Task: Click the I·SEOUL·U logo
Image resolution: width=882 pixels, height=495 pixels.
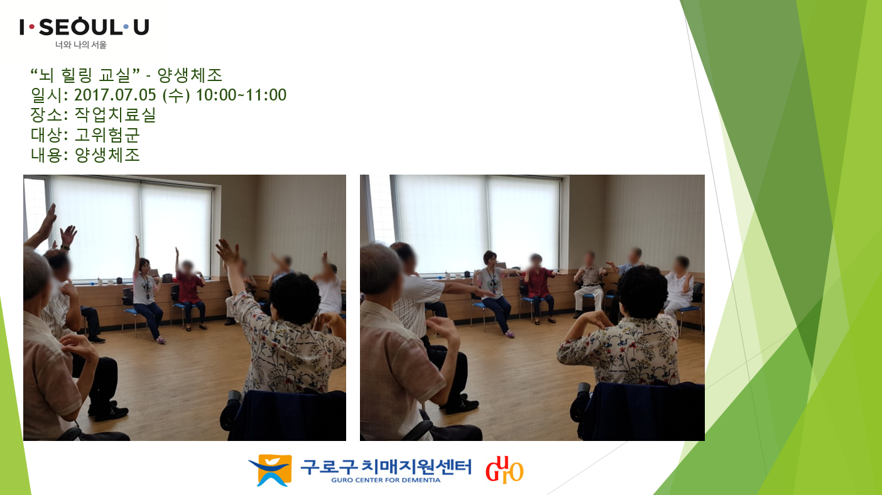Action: pyautogui.click(x=84, y=27)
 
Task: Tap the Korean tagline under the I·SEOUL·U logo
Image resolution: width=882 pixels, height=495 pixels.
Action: pyautogui.click(x=80, y=45)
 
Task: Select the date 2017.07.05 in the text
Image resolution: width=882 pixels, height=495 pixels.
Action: pyautogui.click(x=115, y=95)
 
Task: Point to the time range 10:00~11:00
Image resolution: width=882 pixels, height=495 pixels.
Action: pyautogui.click(x=241, y=95)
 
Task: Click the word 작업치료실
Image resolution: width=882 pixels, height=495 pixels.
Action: pyautogui.click(x=115, y=114)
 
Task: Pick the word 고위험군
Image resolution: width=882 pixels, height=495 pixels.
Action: pyautogui.click(x=107, y=134)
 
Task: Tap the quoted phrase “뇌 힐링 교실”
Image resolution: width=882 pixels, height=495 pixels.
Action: pyautogui.click(x=85, y=75)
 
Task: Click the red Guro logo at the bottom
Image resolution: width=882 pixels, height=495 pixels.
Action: pyautogui.click(x=504, y=469)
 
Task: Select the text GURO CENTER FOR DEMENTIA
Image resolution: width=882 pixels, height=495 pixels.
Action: pyautogui.click(x=386, y=480)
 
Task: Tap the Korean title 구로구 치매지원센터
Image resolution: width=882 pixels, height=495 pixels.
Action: pyautogui.click(x=386, y=467)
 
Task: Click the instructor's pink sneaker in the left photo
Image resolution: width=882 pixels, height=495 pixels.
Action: pyautogui.click(x=160, y=340)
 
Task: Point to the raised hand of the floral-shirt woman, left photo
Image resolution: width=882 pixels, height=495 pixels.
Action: pyautogui.click(x=227, y=252)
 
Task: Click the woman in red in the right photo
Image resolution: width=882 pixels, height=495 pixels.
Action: pyautogui.click(x=538, y=288)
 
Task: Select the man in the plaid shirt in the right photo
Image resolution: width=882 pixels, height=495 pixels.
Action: pyautogui.click(x=589, y=283)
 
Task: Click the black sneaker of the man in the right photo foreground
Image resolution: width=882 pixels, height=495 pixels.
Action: pyautogui.click(x=462, y=406)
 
